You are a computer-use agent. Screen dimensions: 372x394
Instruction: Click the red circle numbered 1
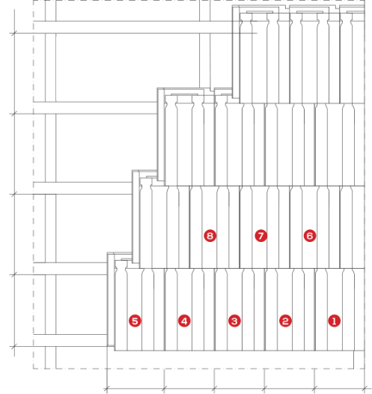[x=334, y=321]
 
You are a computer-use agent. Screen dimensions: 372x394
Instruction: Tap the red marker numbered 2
[x=285, y=321]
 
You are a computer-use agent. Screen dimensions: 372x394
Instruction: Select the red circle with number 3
[x=234, y=321]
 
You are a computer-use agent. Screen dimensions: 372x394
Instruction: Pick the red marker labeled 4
[x=184, y=321]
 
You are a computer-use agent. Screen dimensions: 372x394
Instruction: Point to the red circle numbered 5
[x=135, y=321]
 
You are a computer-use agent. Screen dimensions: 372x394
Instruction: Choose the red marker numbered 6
[x=310, y=236]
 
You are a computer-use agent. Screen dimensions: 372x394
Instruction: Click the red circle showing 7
[x=260, y=236]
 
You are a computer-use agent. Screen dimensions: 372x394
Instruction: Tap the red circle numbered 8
[x=210, y=236]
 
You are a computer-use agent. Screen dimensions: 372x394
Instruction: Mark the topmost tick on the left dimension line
[x=14, y=33]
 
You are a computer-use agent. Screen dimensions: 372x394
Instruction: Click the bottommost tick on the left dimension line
[x=14, y=347]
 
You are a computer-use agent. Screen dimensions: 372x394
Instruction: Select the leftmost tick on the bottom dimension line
[x=107, y=389]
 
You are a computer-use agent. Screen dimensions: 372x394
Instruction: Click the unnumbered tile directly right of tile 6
[x=353, y=227]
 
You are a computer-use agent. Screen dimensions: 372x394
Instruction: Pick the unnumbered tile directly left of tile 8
[x=165, y=227]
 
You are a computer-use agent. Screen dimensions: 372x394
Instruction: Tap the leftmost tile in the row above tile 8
[x=190, y=141]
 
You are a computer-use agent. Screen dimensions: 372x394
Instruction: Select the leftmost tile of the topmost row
[x=264, y=58]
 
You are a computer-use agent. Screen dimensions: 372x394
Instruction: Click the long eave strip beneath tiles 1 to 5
[x=234, y=360]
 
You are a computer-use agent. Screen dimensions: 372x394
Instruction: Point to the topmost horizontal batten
[x=145, y=27]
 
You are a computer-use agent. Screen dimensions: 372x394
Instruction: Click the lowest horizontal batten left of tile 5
[x=70, y=341]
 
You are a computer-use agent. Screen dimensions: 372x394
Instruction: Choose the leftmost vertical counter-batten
[x=50, y=185]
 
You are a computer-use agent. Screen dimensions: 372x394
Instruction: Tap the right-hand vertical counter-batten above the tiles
[x=205, y=44]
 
